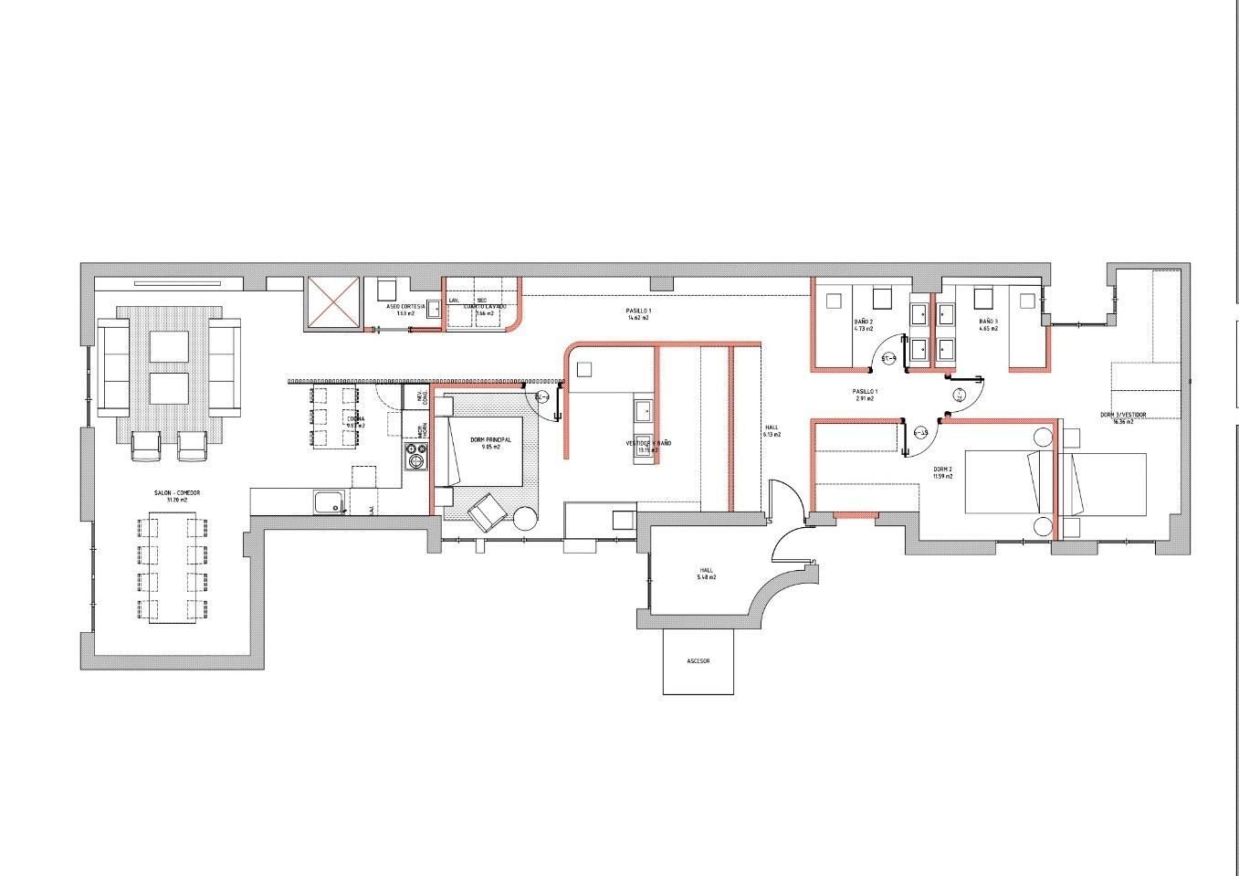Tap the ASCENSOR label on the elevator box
pos(698,660)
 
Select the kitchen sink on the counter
pos(328,501)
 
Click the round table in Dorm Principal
pos(526,518)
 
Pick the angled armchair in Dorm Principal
pos(487,512)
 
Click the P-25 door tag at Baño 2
pos(888,359)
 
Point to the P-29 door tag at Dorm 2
pos(921,433)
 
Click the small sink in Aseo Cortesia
pos(433,308)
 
